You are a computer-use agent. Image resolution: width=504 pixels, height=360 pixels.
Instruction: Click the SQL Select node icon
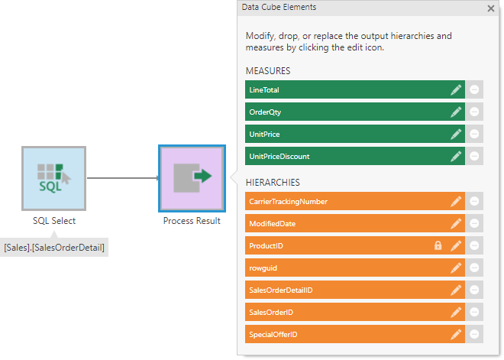[53, 179]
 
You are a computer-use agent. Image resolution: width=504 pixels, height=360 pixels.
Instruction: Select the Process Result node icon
[192, 179]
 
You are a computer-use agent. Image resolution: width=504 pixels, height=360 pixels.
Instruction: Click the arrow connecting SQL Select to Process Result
[122, 179]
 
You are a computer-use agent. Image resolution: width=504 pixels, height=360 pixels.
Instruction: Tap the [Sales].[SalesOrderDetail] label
[54, 247]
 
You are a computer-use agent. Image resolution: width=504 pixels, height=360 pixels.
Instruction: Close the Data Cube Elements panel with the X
[491, 8]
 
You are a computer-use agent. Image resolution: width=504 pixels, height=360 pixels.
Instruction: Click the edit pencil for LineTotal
[456, 89]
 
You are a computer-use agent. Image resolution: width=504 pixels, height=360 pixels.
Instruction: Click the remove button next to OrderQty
[474, 112]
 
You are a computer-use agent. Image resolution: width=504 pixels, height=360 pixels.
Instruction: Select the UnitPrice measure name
[264, 134]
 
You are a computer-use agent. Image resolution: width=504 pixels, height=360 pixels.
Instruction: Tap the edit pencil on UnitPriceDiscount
[456, 156]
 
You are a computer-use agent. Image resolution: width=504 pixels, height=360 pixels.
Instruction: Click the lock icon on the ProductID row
[438, 245]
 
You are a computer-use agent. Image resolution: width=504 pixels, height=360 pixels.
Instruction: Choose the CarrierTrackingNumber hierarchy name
[288, 201]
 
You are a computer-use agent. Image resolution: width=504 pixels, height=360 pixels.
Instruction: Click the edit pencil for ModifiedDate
[456, 223]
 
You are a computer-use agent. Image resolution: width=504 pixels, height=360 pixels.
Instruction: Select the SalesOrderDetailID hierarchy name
[280, 290]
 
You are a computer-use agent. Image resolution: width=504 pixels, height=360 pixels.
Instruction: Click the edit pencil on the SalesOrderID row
[456, 312]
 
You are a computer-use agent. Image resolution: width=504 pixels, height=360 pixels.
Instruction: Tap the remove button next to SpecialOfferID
[474, 334]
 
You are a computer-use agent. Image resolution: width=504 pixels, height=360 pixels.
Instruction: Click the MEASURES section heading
[267, 71]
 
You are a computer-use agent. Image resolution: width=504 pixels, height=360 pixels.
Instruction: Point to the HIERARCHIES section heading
[272, 183]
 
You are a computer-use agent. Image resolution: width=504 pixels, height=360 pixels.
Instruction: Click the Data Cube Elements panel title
[279, 7]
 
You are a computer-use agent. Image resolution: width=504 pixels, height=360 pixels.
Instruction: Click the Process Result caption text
[192, 221]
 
